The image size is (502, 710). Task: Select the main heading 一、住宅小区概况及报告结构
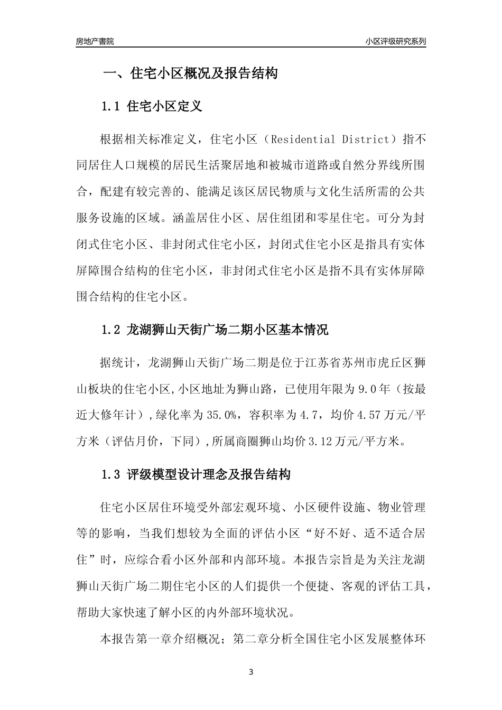click(x=190, y=73)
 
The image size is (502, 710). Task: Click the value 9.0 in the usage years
click(x=366, y=389)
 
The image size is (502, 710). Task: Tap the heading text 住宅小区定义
click(x=165, y=107)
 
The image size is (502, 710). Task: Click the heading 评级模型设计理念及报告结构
click(x=209, y=474)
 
